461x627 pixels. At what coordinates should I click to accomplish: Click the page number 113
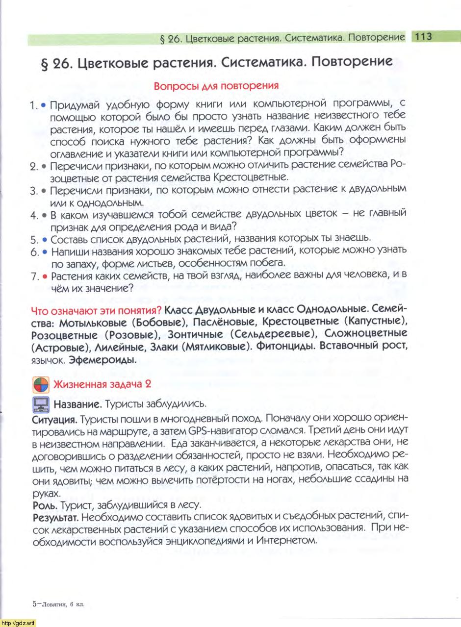pos(422,36)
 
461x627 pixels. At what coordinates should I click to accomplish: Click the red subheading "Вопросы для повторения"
pos(216,86)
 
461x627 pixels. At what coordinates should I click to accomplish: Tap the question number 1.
pos(33,105)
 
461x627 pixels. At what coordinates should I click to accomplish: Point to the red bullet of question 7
pos(44,277)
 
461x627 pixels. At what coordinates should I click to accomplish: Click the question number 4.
pos(33,215)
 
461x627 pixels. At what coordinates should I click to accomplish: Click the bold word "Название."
pos(77,404)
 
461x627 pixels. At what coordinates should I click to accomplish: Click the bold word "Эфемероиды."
pos(102,359)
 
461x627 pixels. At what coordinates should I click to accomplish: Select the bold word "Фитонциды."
pos(285,346)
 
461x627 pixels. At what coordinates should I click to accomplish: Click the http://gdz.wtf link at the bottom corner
pos(18,623)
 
